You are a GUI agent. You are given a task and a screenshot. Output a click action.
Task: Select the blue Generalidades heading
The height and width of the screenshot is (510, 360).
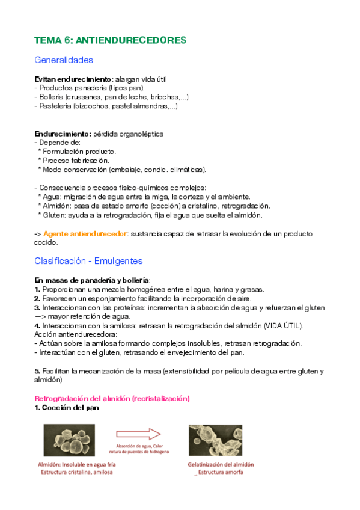point(64,60)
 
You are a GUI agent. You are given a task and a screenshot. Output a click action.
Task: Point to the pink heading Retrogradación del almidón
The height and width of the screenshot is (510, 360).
point(112,398)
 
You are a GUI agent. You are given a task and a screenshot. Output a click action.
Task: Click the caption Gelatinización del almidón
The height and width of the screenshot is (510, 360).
point(219,464)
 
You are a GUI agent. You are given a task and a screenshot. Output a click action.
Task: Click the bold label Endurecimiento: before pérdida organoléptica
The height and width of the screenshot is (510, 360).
point(63,134)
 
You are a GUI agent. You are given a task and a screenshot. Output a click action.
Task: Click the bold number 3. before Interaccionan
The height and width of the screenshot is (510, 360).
point(37,307)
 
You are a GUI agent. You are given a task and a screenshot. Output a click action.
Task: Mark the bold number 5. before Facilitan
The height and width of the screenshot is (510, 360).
point(37,371)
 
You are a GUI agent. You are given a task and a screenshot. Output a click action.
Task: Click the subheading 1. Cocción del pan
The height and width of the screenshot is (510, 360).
point(67,408)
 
